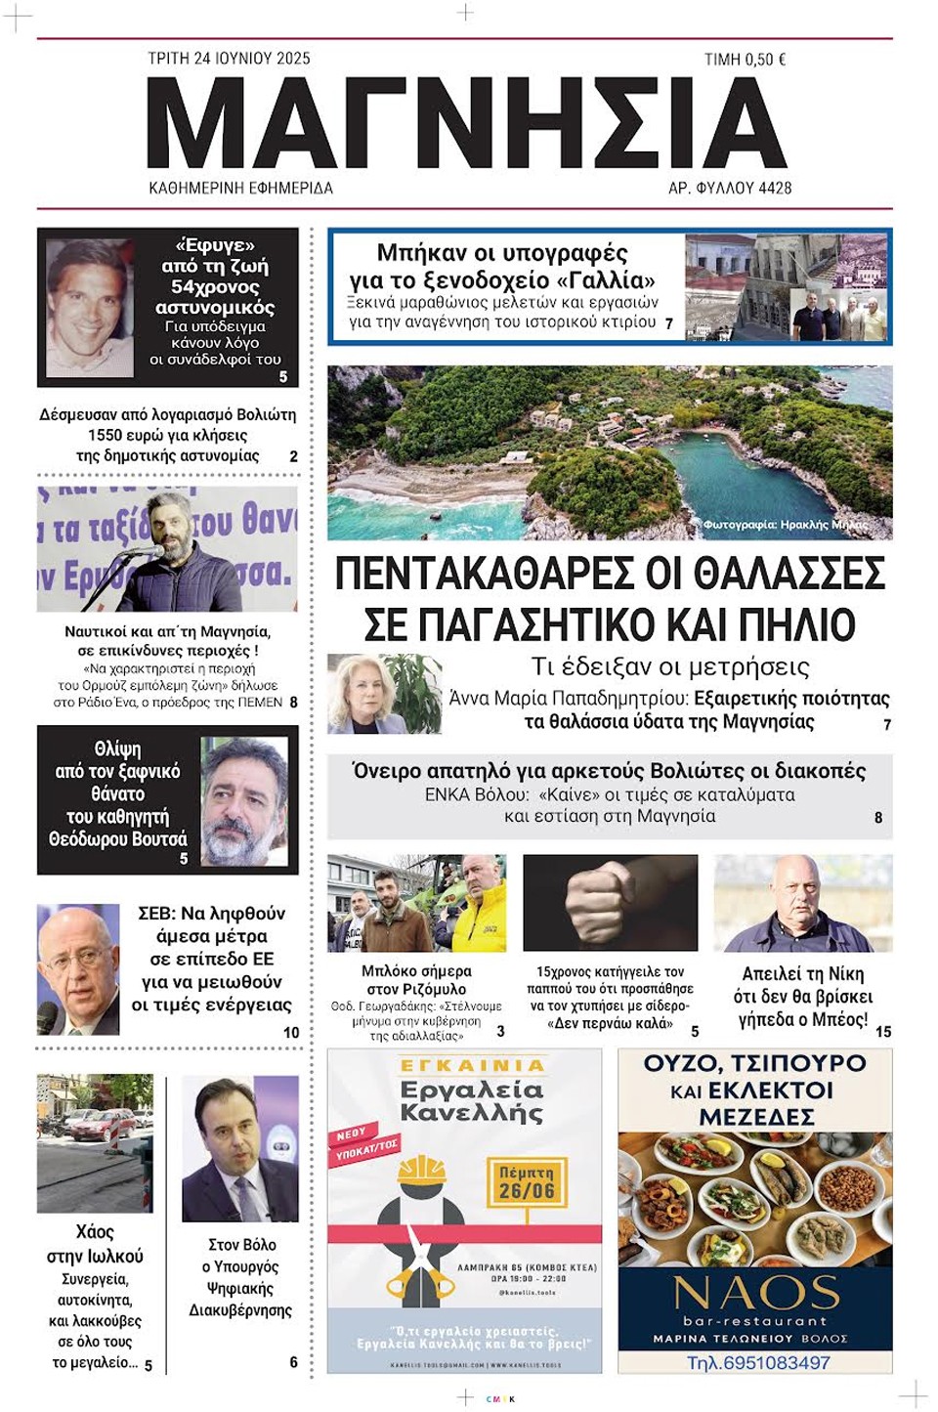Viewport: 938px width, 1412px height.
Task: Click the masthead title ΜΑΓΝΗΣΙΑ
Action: [x=467, y=123]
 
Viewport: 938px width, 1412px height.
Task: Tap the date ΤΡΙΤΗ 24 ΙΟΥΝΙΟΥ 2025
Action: [x=229, y=59]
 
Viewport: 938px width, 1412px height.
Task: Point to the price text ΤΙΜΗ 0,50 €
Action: [x=745, y=60]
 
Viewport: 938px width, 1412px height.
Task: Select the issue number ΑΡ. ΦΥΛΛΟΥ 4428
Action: [x=729, y=188]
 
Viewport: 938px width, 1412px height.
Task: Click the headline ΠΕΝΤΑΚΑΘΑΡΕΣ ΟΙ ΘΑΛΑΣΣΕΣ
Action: [x=610, y=574]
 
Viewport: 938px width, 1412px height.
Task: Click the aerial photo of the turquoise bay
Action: [x=610, y=451]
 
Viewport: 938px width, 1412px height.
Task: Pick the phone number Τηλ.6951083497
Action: [x=758, y=1362]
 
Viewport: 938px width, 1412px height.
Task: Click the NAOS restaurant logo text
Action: [x=756, y=1293]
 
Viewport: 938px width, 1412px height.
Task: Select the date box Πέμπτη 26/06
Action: [x=527, y=1181]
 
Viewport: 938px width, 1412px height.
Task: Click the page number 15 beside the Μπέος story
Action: [x=883, y=1031]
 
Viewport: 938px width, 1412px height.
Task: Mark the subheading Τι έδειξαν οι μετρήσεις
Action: [x=669, y=666]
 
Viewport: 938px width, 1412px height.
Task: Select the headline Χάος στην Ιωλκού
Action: [x=95, y=1244]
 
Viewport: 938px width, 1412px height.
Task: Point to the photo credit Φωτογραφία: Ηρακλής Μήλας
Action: [x=783, y=525]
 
